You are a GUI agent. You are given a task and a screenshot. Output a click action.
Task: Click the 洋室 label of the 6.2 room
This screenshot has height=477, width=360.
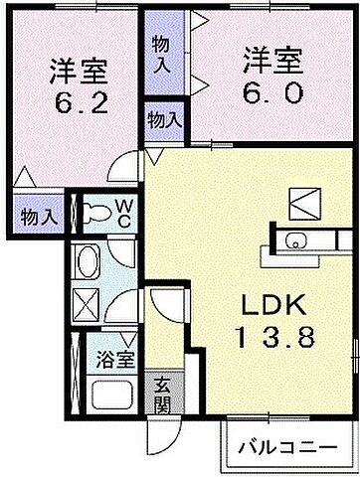77,72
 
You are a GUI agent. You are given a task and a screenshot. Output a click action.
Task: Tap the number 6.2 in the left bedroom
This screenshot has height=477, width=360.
77,102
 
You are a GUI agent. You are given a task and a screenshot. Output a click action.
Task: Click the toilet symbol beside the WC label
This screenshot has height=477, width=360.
96,210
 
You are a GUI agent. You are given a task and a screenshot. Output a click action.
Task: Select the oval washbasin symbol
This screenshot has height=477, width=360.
90,263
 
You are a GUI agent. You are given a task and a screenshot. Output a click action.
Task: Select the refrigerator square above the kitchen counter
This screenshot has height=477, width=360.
301,201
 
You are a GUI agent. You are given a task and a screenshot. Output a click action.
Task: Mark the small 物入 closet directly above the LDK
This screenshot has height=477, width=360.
163,119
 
